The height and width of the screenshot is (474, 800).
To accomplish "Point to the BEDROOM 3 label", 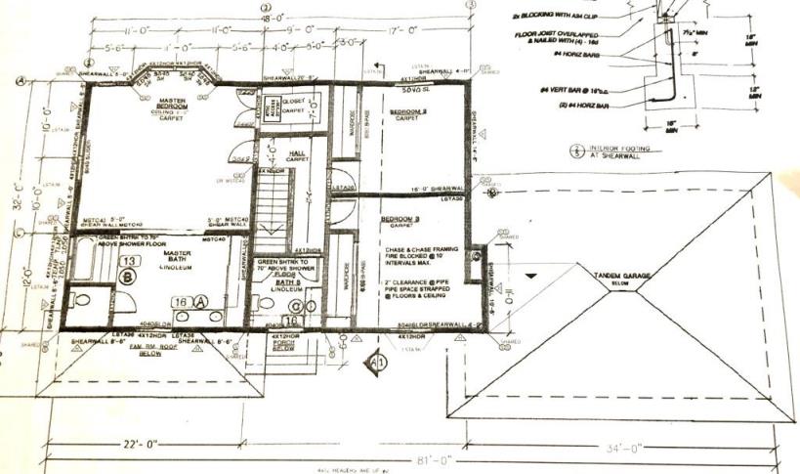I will point(400,219).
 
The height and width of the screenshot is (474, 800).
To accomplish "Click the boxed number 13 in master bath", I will point(127,261).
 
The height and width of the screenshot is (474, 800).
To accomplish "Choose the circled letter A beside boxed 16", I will point(201,302).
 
